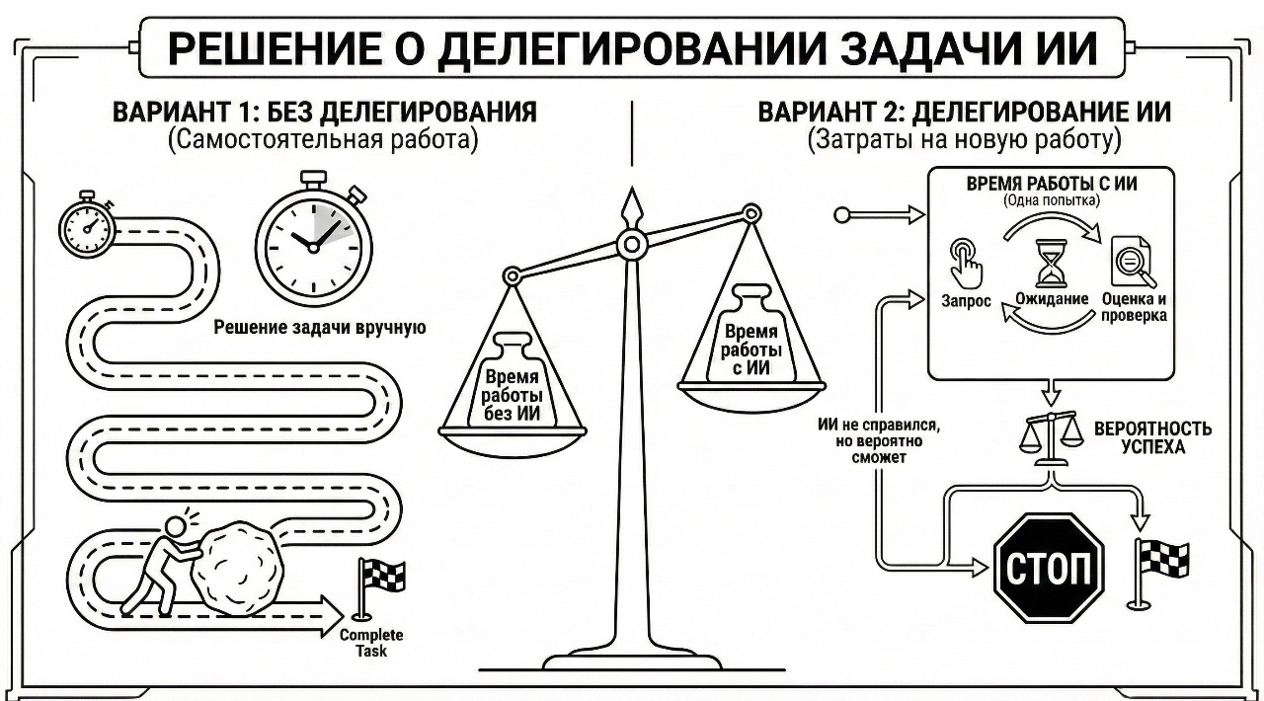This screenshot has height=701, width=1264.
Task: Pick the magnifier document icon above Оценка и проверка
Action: tap(1130, 263)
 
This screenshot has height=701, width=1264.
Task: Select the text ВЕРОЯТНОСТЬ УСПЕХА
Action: tap(1151, 438)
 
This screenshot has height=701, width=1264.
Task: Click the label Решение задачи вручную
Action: tap(320, 328)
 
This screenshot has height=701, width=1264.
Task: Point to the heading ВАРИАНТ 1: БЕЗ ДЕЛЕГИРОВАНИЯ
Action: tap(324, 112)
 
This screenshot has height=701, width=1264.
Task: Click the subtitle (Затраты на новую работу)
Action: tap(964, 140)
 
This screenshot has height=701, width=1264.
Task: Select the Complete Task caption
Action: tap(371, 643)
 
